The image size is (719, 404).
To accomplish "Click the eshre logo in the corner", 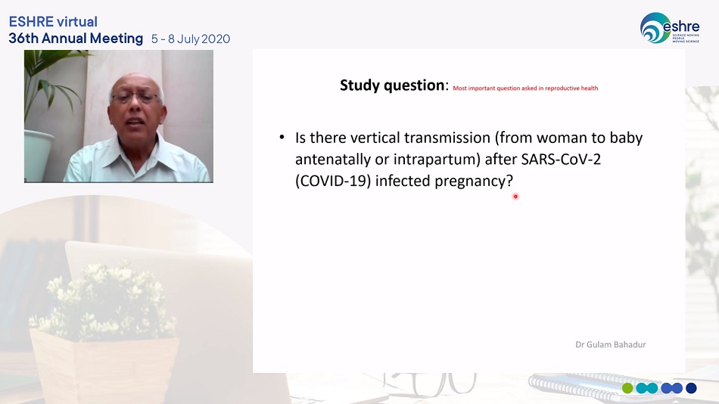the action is tap(670, 28).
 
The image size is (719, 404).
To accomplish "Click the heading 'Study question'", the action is tap(392, 85).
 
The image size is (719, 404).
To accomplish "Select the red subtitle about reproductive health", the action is tap(525, 88).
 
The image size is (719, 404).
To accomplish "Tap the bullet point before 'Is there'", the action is tap(282, 137).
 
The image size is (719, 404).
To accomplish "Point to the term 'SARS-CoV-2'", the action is tap(561, 159).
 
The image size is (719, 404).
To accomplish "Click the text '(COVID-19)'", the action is tap(333, 181).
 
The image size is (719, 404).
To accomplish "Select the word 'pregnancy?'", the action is tap(474, 182).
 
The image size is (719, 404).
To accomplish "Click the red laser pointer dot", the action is tap(515, 196).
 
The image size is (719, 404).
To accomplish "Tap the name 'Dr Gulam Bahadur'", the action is tap(610, 344).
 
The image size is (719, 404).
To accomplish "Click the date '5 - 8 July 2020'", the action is tap(191, 39).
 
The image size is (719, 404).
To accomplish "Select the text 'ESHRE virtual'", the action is tap(53, 21).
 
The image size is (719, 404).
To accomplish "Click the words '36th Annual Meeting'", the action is tap(76, 39).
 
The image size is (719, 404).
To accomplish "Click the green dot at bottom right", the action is tap(627, 388).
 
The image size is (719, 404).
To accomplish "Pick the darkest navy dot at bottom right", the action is tap(691, 388).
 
